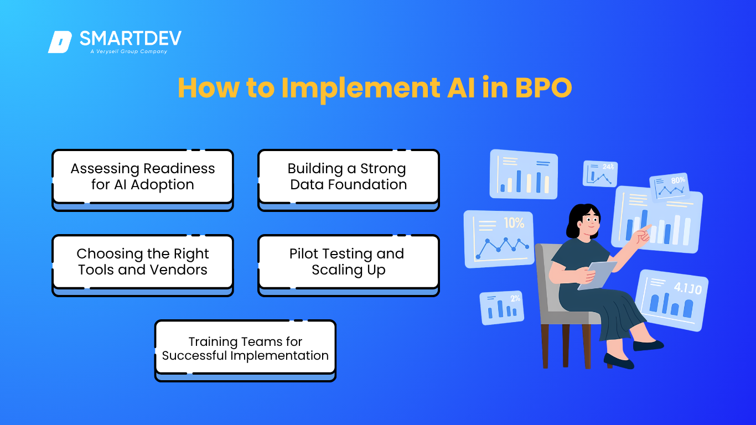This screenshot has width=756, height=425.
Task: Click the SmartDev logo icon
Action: click(x=60, y=42)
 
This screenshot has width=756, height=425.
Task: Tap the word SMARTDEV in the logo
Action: click(x=130, y=38)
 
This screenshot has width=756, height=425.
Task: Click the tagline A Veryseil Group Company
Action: click(x=128, y=51)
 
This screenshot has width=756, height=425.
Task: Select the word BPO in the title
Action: click(x=543, y=87)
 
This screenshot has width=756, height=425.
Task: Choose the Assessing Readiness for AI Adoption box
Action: click(x=143, y=180)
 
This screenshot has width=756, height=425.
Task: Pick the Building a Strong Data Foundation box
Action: click(x=349, y=180)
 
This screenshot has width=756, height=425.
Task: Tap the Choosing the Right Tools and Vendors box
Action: click(x=143, y=266)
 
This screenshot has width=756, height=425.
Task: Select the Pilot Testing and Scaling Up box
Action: click(x=349, y=266)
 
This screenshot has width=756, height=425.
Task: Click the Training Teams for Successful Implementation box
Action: click(x=245, y=351)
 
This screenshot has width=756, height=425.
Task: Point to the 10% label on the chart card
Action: click(x=514, y=223)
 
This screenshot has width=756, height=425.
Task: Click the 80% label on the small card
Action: click(x=678, y=180)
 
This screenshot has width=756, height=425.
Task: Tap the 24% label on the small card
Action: click(x=608, y=167)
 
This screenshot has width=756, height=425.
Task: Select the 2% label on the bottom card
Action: click(x=515, y=298)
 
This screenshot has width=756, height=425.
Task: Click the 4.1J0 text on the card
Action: click(x=688, y=288)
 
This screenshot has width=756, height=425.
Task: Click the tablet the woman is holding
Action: click(x=597, y=275)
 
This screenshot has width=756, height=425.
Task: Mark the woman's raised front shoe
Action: click(x=648, y=345)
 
